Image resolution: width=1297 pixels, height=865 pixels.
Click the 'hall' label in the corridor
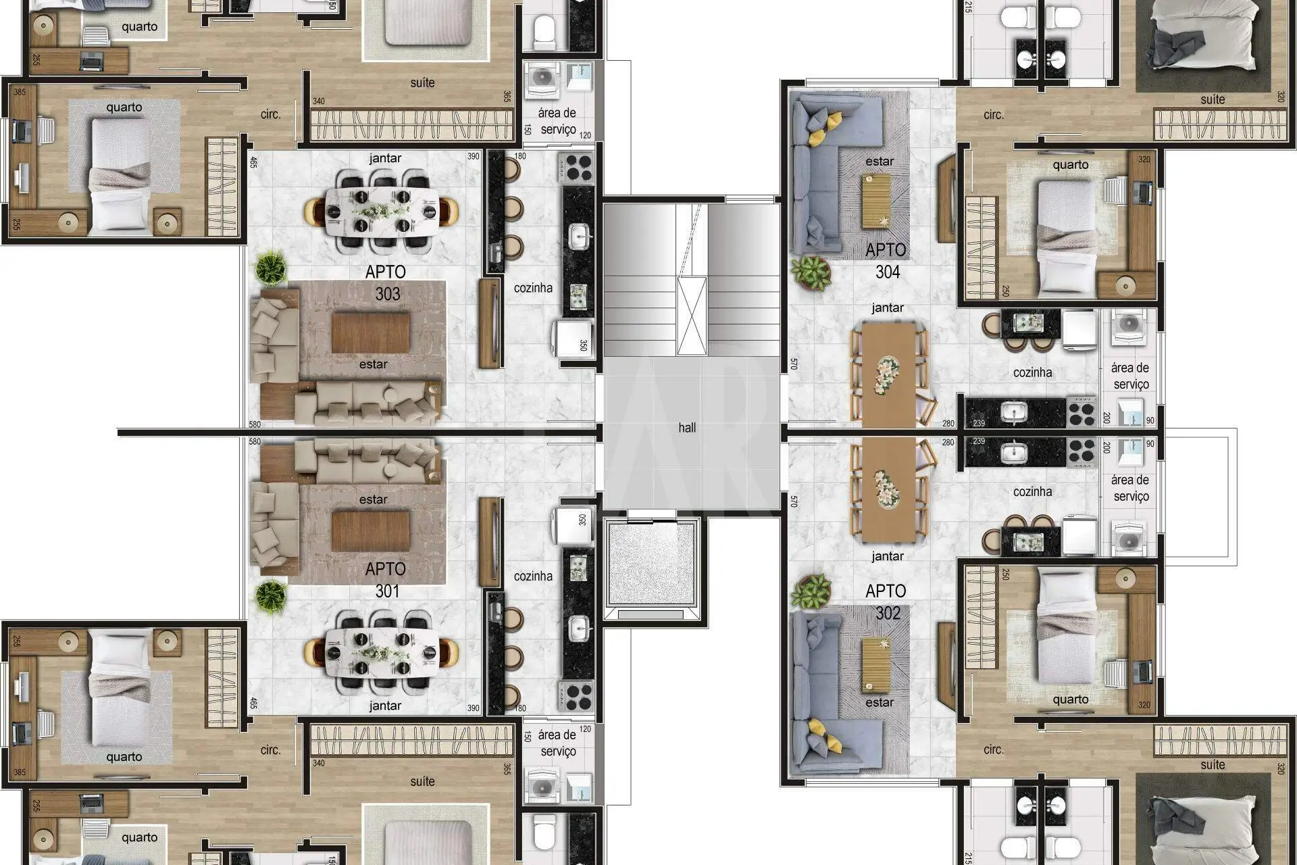point(687,428)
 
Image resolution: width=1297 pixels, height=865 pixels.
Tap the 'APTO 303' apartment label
point(386,282)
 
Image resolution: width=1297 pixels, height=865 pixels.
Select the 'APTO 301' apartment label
point(386,580)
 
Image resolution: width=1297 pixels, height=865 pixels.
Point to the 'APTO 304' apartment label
point(886,261)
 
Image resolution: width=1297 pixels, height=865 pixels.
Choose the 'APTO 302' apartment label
point(886,601)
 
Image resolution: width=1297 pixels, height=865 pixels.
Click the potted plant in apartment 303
point(271,267)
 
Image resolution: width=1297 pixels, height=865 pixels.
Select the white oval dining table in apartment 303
point(382,210)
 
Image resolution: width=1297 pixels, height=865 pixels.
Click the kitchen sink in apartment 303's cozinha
point(579,235)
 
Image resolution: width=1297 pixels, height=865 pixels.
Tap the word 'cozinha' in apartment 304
point(1032,372)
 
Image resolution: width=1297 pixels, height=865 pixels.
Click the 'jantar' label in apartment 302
point(888,556)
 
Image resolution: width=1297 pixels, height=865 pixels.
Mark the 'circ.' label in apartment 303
point(271,114)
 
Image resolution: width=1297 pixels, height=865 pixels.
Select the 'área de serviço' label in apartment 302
point(1130,488)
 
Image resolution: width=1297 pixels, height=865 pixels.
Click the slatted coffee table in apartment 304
point(876,201)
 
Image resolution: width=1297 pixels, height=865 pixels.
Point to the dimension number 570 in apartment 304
point(794,364)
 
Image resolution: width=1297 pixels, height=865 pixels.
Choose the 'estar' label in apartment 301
point(373,499)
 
